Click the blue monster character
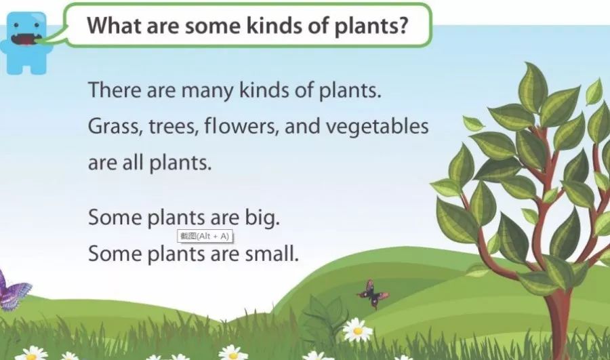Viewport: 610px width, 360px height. click(x=26, y=43)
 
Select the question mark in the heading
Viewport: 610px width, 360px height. click(x=403, y=26)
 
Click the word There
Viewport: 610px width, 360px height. click(x=115, y=90)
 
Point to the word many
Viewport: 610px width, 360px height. click(x=207, y=92)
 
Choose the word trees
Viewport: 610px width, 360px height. click(x=174, y=127)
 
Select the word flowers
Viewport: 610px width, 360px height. click(x=241, y=127)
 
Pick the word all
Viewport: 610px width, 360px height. click(x=133, y=162)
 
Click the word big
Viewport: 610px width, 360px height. click(x=262, y=218)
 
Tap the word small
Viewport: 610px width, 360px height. click(x=272, y=254)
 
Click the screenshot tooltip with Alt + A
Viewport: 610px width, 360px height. click(x=205, y=236)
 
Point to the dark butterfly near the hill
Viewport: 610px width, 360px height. click(x=372, y=294)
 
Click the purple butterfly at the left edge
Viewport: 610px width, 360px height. click(x=14, y=291)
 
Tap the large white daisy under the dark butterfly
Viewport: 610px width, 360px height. click(x=357, y=330)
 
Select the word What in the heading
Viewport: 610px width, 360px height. click(x=115, y=25)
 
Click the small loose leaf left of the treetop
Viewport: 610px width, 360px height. click(x=473, y=123)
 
